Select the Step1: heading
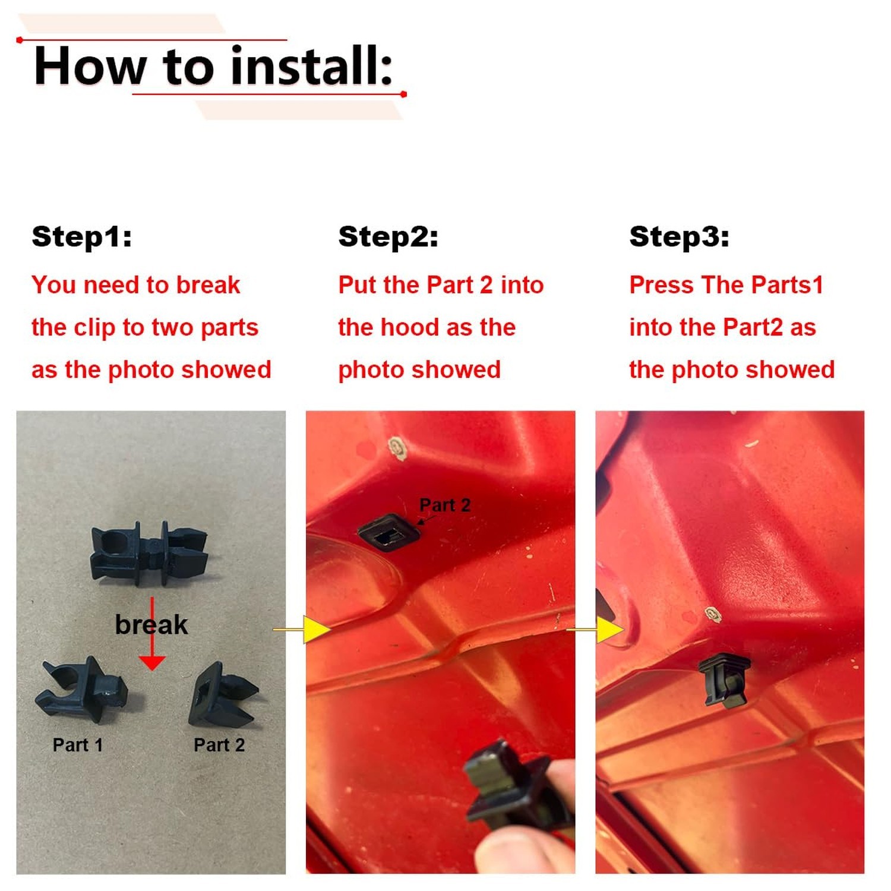(x=82, y=236)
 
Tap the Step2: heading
(x=388, y=236)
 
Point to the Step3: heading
(x=679, y=236)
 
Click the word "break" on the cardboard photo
(x=151, y=624)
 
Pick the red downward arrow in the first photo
(x=152, y=633)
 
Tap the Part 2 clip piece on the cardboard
(x=223, y=695)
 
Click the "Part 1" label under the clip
(x=78, y=745)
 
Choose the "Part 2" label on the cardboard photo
(x=219, y=745)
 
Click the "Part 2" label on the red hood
(x=445, y=505)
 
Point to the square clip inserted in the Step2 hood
(x=389, y=533)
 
